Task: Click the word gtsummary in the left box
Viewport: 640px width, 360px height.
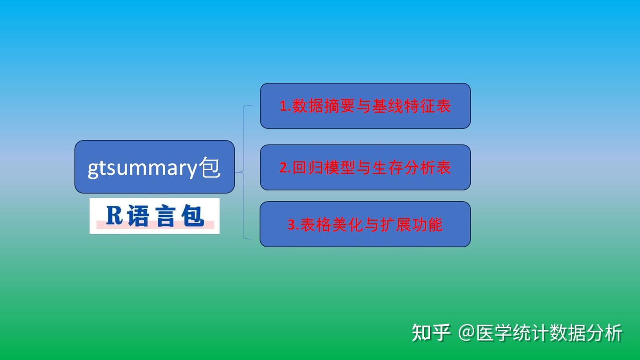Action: coord(142,168)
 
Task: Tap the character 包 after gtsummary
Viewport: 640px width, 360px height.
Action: coord(210,168)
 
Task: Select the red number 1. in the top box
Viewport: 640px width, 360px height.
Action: coord(284,106)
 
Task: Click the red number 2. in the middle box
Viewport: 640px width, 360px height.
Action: coord(284,168)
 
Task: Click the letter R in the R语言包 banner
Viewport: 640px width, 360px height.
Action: coord(114,216)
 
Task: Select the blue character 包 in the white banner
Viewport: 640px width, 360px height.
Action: coord(192,216)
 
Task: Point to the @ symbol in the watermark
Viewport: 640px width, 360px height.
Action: coord(466,333)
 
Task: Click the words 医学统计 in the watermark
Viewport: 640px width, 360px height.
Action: coord(512,333)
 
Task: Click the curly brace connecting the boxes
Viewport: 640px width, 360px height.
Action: coord(244,172)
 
